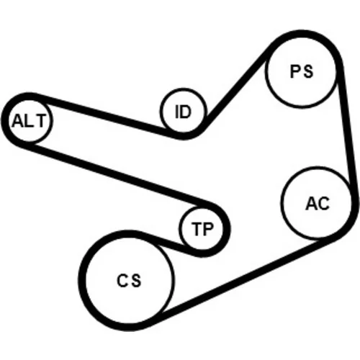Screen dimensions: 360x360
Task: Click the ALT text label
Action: pyautogui.click(x=29, y=120)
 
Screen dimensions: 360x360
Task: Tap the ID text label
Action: pyautogui.click(x=183, y=112)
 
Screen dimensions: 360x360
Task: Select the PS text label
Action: pyautogui.click(x=302, y=71)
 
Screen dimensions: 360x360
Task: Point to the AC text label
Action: pyautogui.click(x=318, y=204)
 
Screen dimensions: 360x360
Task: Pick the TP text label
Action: pyautogui.click(x=202, y=229)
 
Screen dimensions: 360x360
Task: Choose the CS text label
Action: pyautogui.click(x=129, y=280)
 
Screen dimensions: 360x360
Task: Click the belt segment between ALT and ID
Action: pyautogui.click(x=103, y=115)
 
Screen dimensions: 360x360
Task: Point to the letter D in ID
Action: pyautogui.click(x=185, y=112)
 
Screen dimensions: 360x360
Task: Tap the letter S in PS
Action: pyautogui.click(x=308, y=71)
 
